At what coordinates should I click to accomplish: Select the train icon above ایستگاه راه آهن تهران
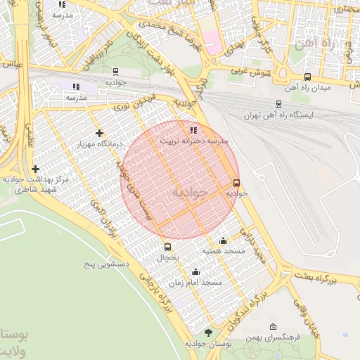coord(279,102)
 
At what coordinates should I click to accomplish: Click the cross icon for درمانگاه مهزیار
coord(99,132)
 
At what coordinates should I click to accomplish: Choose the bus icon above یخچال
coord(167,247)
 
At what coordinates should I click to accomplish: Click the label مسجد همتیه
coord(224,251)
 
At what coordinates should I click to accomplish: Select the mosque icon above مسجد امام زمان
coord(195,271)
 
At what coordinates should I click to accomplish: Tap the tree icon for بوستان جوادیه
coord(207,333)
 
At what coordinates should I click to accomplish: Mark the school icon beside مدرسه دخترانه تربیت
coord(193,130)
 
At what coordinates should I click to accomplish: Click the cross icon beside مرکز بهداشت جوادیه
coord(35,169)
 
